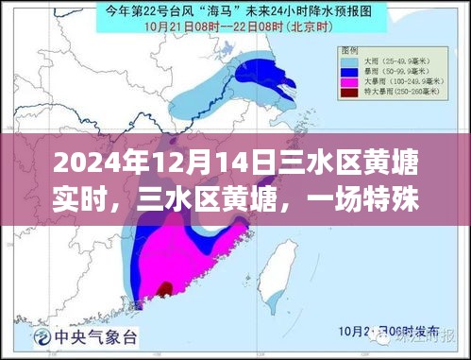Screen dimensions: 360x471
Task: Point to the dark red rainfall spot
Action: tap(166, 288)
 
